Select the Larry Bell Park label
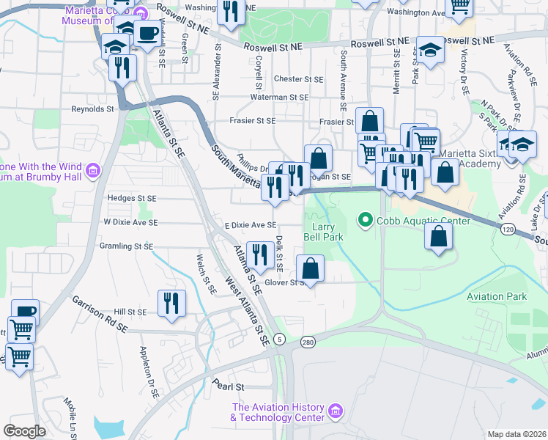click(x=323, y=232)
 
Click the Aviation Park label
click(x=497, y=296)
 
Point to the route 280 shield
click(x=308, y=342)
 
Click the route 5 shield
click(x=280, y=338)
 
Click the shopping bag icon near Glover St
click(x=311, y=268)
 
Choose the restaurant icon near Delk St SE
click(x=261, y=254)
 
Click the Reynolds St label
click(x=92, y=109)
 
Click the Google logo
click(x=24, y=431)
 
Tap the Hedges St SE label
click(x=132, y=198)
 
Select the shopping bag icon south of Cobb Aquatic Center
click(x=438, y=237)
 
